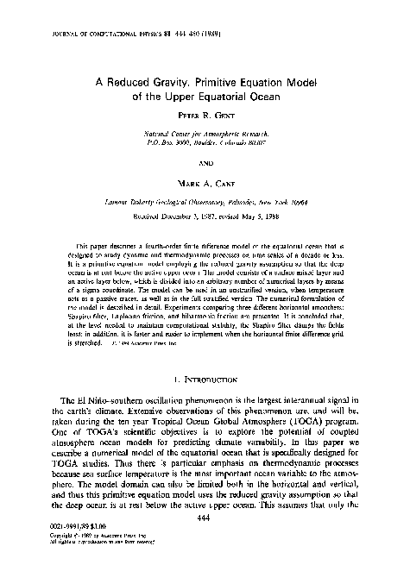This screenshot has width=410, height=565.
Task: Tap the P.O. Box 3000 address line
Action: pos(205,144)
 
